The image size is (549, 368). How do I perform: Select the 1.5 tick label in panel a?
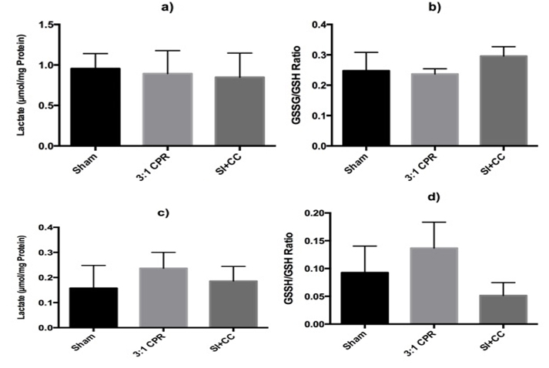coord(49,25)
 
